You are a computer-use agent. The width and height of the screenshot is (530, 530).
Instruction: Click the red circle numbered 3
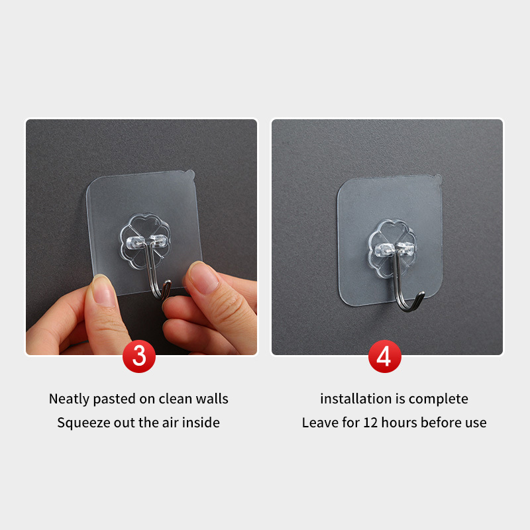point(139,356)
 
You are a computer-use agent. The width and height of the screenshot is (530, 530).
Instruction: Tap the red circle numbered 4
point(385,356)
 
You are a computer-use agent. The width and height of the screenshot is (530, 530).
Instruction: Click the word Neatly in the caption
point(70,399)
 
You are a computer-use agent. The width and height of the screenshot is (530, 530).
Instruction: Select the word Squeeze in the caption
point(83,423)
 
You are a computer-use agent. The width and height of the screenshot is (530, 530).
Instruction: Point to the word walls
point(212,399)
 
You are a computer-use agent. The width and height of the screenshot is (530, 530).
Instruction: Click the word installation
point(356,399)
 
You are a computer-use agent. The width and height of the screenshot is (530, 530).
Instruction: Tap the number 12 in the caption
point(370,423)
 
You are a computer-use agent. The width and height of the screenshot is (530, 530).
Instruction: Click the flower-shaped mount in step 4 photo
point(392,249)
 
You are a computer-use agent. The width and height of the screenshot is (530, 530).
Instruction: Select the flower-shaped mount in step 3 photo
point(144,241)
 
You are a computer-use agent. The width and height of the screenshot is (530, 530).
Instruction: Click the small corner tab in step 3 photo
point(189,174)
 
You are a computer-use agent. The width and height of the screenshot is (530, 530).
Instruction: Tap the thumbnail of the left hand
point(103,291)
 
